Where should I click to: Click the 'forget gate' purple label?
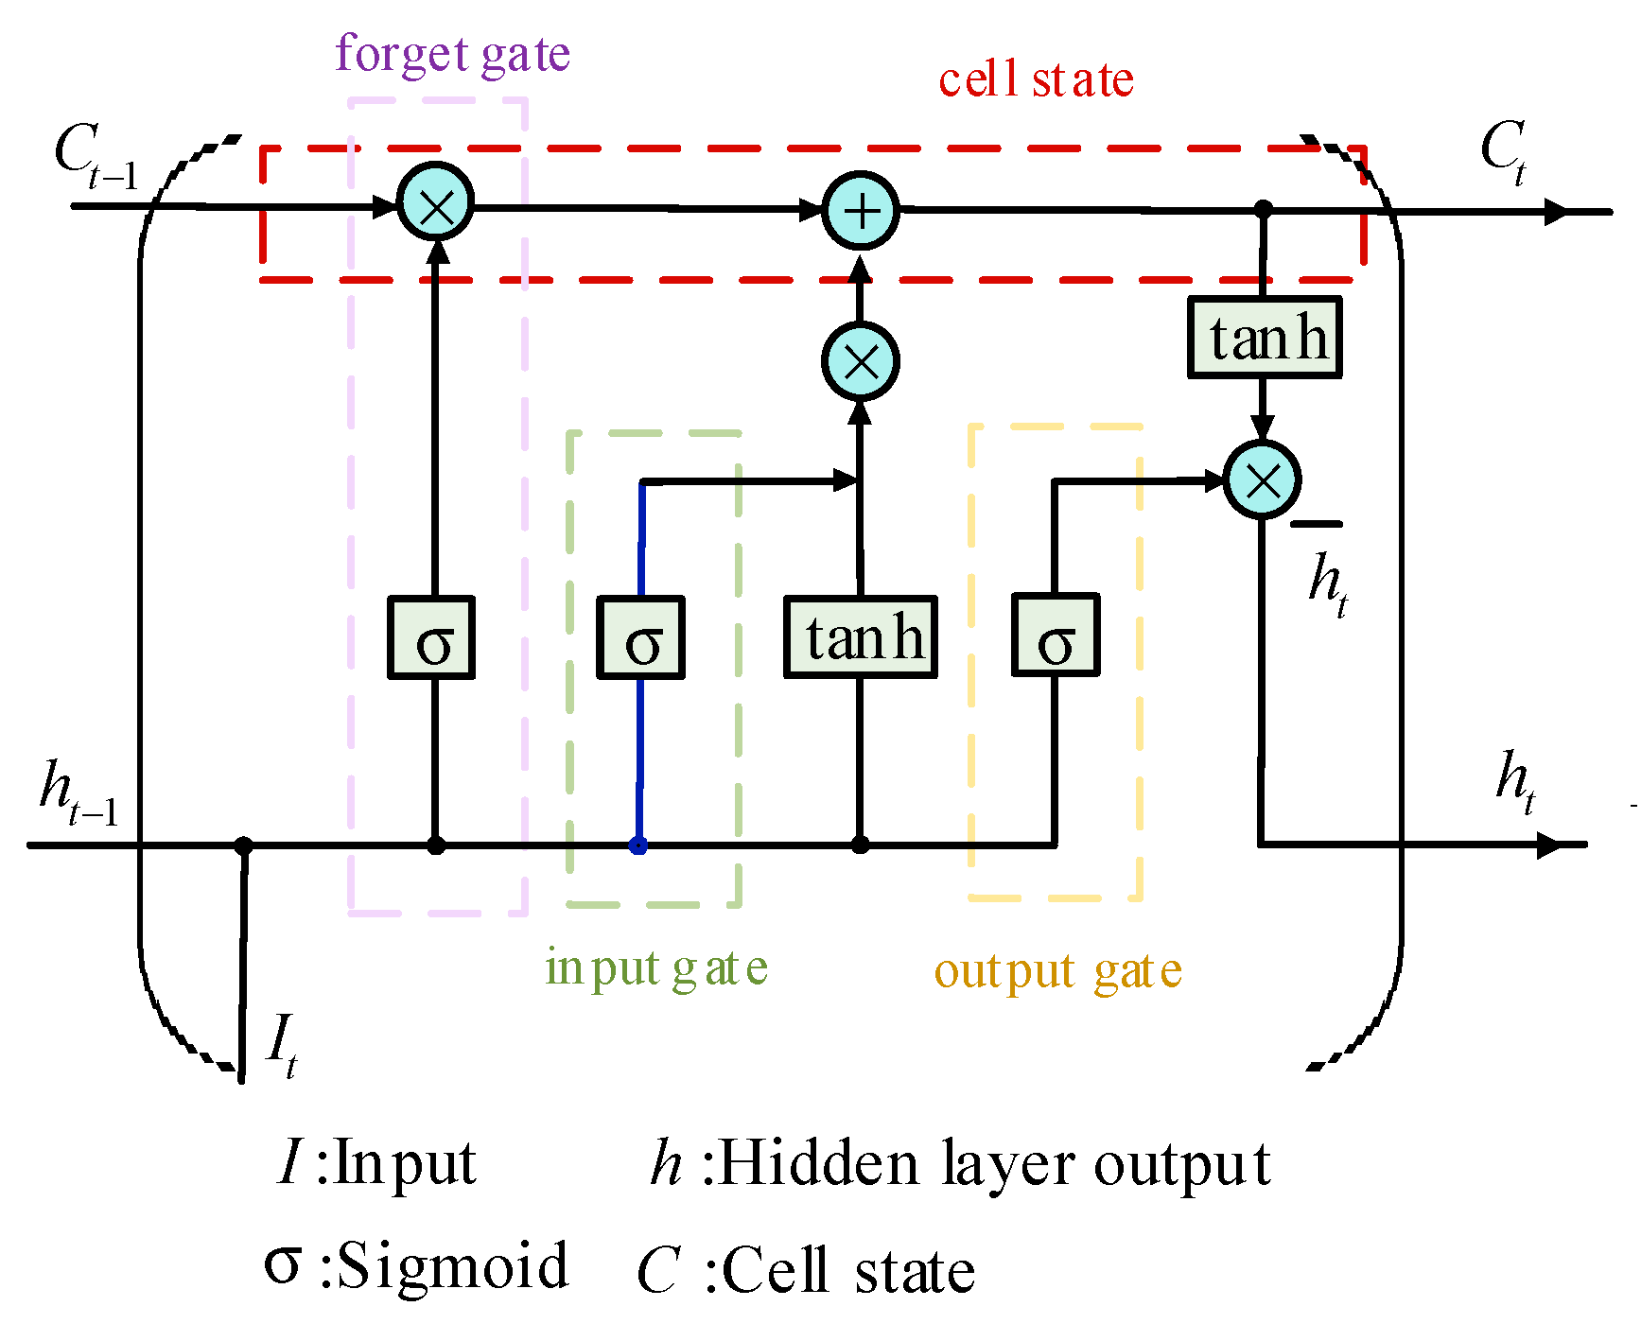pyautogui.click(x=452, y=55)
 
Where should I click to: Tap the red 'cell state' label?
pyautogui.click(x=1036, y=80)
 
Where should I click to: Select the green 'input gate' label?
pyautogui.click(x=656, y=968)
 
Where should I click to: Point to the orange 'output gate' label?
pyautogui.click(x=1057, y=972)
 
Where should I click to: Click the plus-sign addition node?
pyautogui.click(x=861, y=211)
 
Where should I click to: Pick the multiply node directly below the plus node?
pyautogui.click(x=861, y=361)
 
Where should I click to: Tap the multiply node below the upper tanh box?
pyautogui.click(x=1262, y=480)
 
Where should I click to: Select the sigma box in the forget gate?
pyautogui.click(x=432, y=638)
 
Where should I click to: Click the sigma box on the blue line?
pyautogui.click(x=641, y=638)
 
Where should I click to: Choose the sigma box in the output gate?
pyautogui.click(x=1056, y=636)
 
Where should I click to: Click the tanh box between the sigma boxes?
pyautogui.click(x=861, y=638)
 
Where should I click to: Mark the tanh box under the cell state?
pyautogui.click(x=1265, y=338)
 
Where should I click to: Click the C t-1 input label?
pyautogui.click(x=95, y=156)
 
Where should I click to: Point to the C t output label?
pyautogui.click(x=1504, y=151)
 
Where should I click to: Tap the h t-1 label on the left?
pyautogui.click(x=79, y=793)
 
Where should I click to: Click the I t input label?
pyautogui.click(x=282, y=1045)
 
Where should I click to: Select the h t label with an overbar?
pyautogui.click(x=1327, y=579)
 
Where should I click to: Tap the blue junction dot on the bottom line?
pyautogui.click(x=638, y=845)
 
